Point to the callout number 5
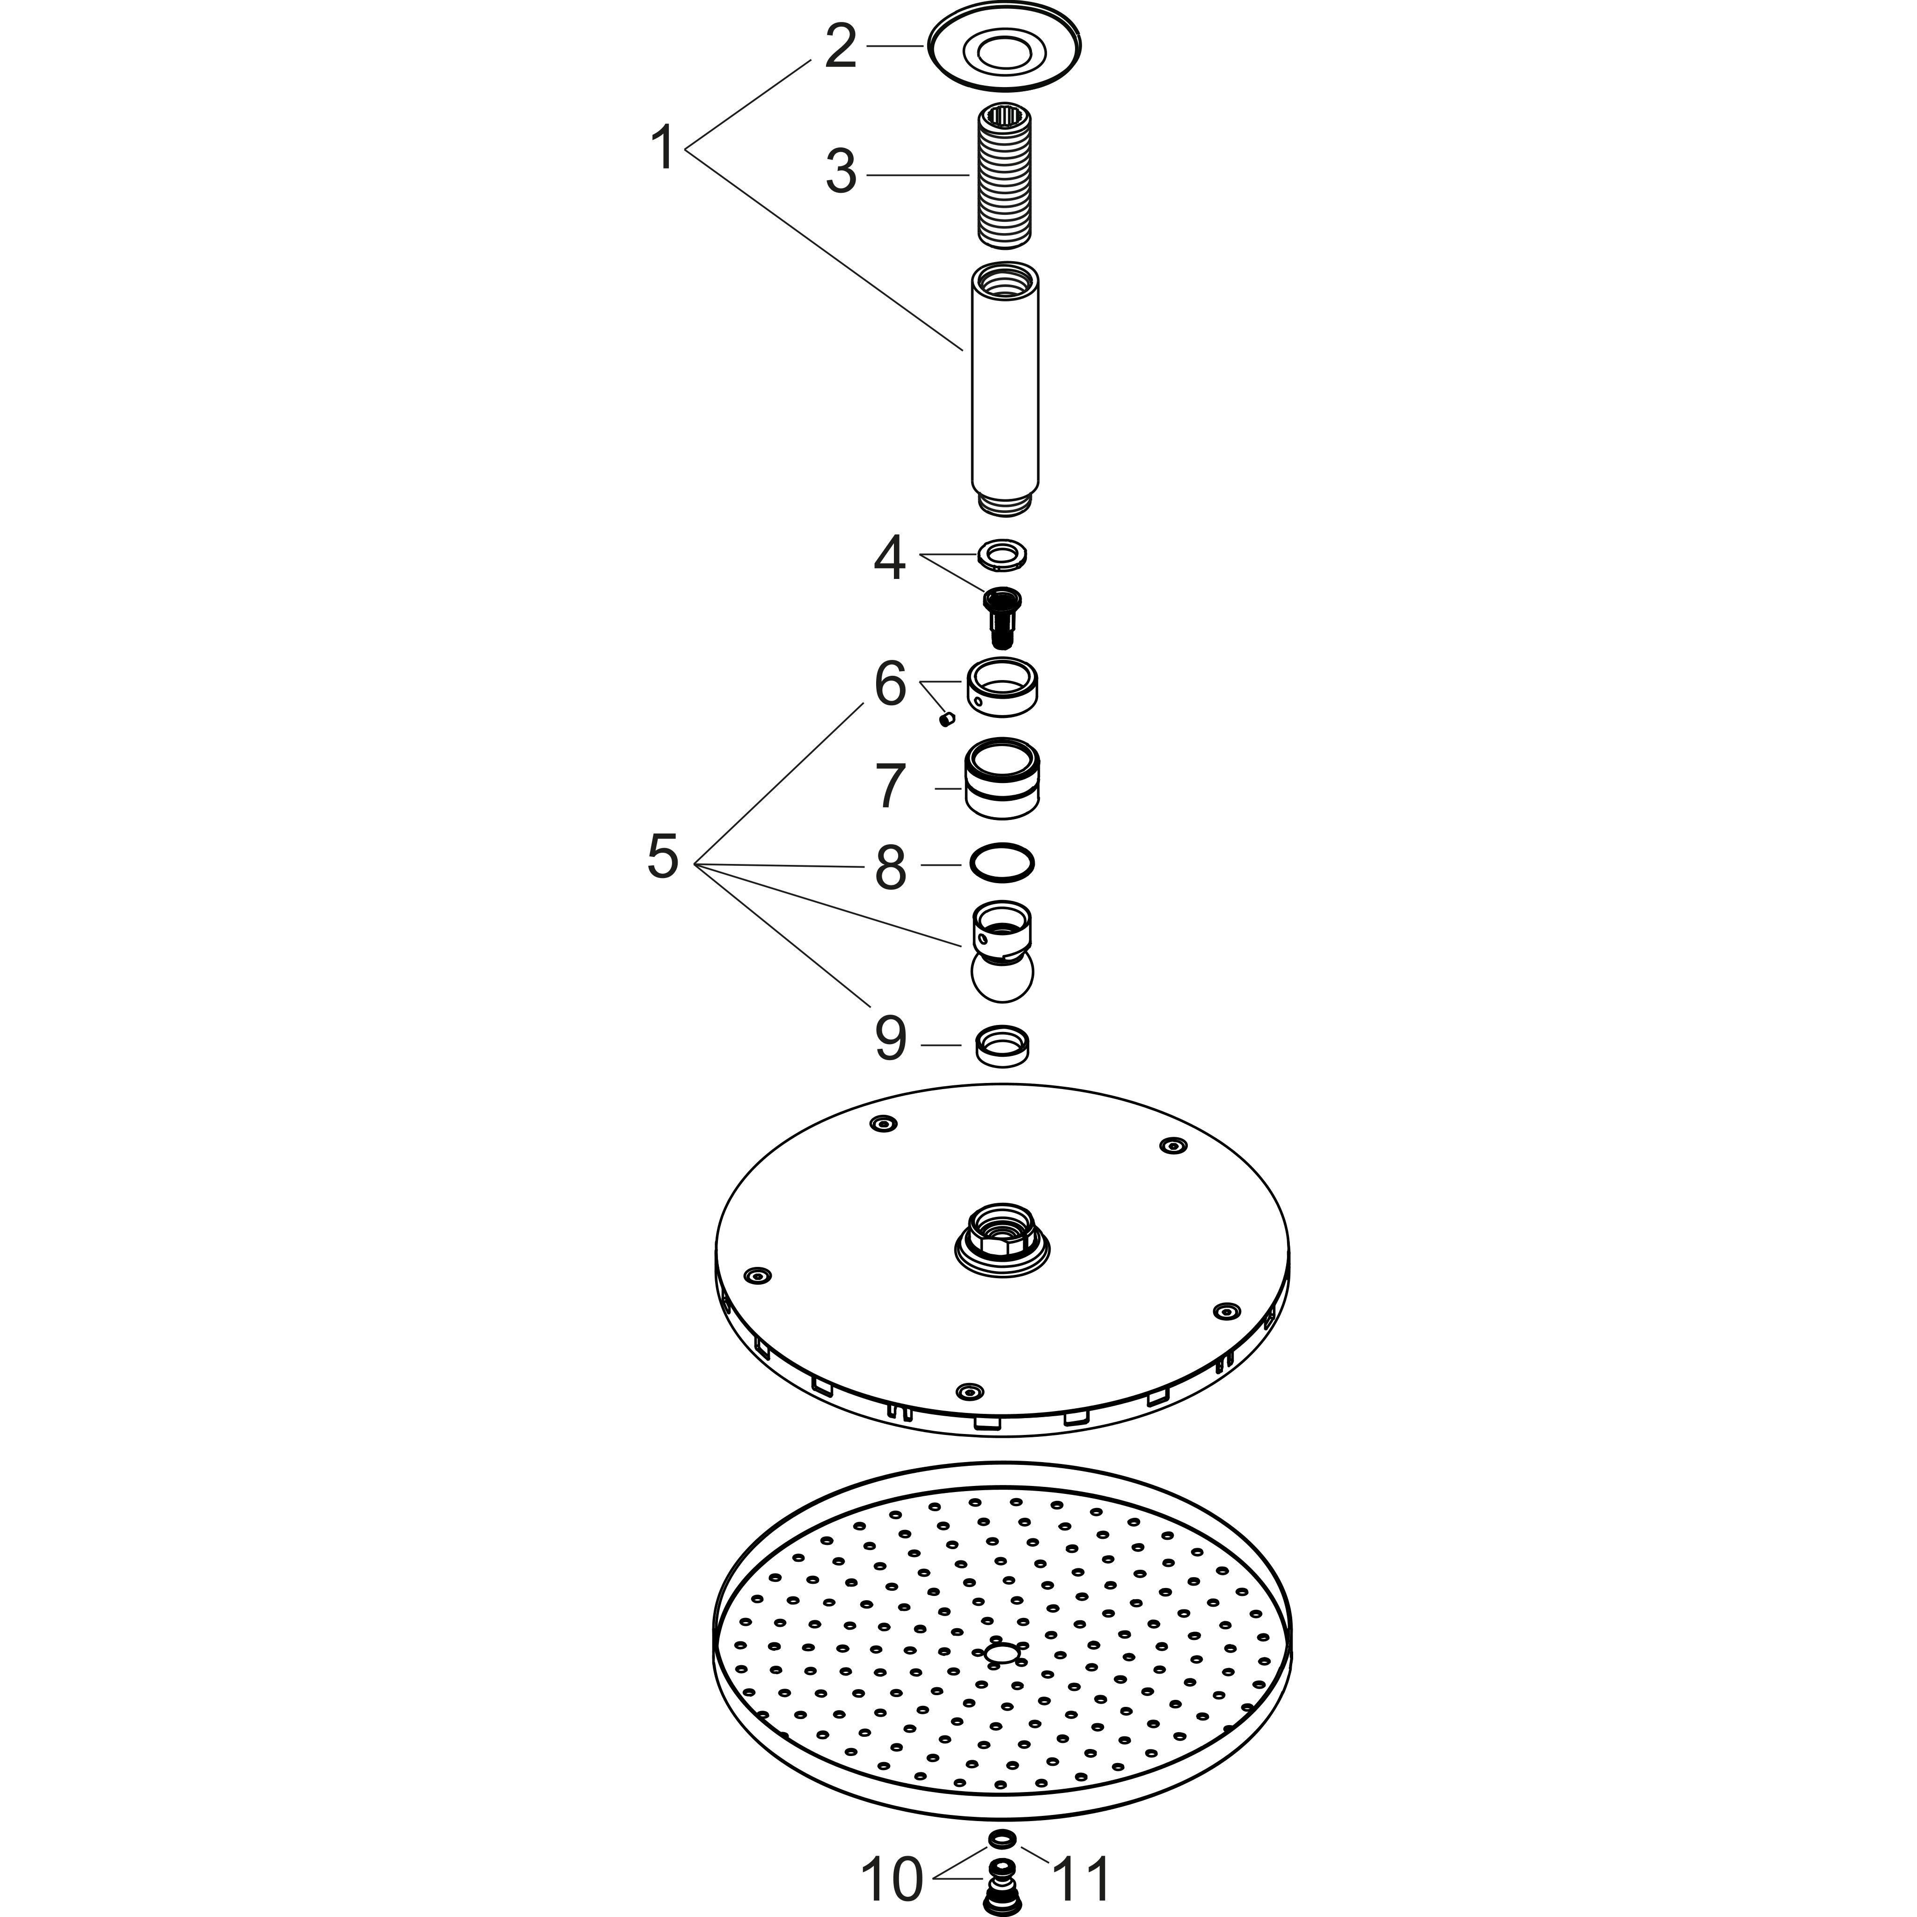tap(663, 856)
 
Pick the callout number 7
tap(890, 787)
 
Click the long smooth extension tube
tap(1004, 387)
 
